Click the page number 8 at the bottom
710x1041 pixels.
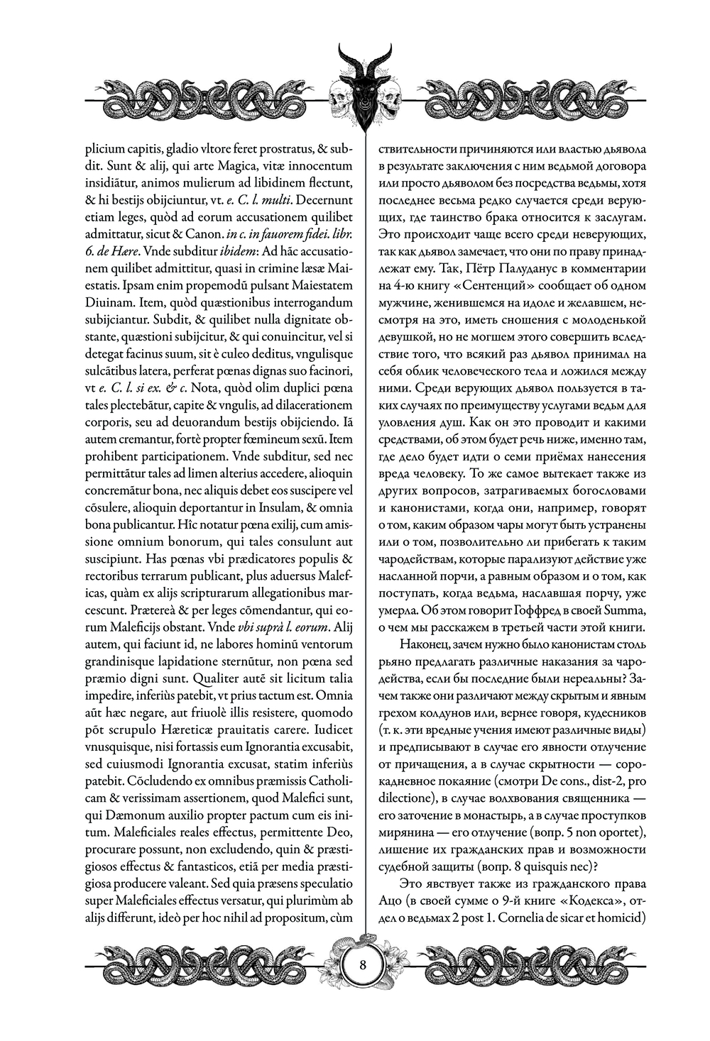click(x=363, y=965)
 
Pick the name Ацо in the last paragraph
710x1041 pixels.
click(x=390, y=900)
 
